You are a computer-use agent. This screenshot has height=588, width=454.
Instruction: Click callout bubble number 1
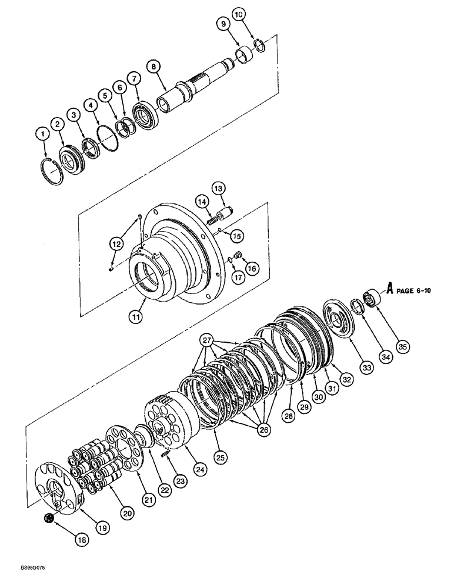42,135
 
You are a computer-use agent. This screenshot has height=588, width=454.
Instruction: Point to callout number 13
219,188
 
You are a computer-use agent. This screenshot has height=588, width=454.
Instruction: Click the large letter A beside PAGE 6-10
389,288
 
